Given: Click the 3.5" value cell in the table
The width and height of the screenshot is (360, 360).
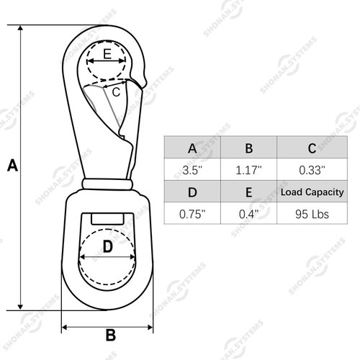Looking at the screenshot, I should tap(192, 171).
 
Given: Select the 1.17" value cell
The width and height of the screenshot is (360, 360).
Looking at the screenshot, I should tap(248, 171).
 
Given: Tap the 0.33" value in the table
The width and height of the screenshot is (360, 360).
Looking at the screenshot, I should tap(311, 171).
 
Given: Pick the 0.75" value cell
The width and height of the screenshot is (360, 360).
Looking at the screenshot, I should tap(192, 214).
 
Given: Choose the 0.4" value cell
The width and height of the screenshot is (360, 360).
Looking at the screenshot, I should tap(248, 214).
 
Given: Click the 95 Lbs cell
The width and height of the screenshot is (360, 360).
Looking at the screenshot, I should tap(311, 214).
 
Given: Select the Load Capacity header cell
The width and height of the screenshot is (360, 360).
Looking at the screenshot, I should tap(311, 192).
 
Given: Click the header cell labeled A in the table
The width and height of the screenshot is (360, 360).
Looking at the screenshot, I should tap(192, 148).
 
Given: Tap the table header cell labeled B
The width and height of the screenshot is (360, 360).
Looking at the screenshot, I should tap(248, 148).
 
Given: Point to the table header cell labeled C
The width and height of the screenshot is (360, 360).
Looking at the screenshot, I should tap(311, 148).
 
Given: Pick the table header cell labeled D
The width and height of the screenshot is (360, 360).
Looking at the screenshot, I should tap(192, 192).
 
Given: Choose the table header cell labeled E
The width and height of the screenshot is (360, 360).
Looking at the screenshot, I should tap(248, 192).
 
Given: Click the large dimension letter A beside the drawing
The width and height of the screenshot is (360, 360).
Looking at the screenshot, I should tap(12, 165).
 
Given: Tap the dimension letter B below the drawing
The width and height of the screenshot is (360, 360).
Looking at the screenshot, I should tap(111, 335).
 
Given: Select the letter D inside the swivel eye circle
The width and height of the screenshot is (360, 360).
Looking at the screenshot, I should tap(107, 247).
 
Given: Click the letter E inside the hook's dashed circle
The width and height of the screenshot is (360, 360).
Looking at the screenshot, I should tap(107, 54).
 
